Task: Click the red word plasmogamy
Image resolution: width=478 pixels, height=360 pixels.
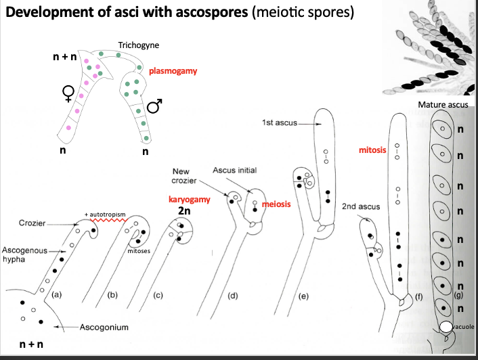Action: pyautogui.click(x=173, y=70)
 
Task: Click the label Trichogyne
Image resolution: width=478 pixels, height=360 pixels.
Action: pyautogui.click(x=138, y=45)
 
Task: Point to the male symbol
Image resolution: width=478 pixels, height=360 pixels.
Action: pyautogui.click(x=155, y=106)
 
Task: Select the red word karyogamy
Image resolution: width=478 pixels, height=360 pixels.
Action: pyautogui.click(x=190, y=199)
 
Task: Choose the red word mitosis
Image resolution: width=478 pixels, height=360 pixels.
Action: pyautogui.click(x=372, y=149)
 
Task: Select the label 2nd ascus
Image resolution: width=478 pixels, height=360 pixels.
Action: pyautogui.click(x=358, y=206)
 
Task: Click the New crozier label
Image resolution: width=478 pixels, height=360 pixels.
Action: pyautogui.click(x=186, y=176)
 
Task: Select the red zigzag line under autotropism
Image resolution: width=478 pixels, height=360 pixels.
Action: pyautogui.click(x=106, y=221)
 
